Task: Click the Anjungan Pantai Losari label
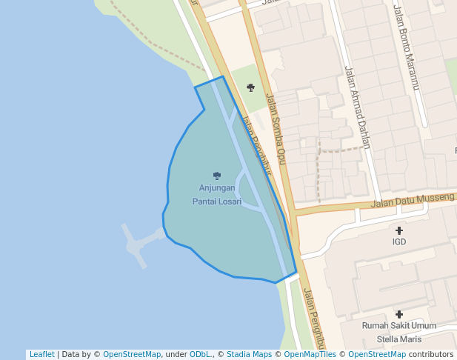click(217, 194)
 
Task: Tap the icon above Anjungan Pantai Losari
click(217, 176)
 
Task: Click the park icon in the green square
click(251, 88)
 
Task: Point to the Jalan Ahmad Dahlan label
click(356, 107)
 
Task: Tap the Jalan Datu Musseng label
click(413, 200)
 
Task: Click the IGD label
click(399, 241)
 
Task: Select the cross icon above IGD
click(399, 230)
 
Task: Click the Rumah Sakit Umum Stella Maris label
click(399, 332)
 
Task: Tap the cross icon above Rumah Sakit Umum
click(399, 315)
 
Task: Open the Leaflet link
click(41, 354)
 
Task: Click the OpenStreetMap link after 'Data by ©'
click(132, 354)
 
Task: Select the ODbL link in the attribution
click(200, 354)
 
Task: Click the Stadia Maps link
click(249, 354)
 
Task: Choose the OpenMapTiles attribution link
click(310, 354)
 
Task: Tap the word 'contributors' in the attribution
click(431, 354)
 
